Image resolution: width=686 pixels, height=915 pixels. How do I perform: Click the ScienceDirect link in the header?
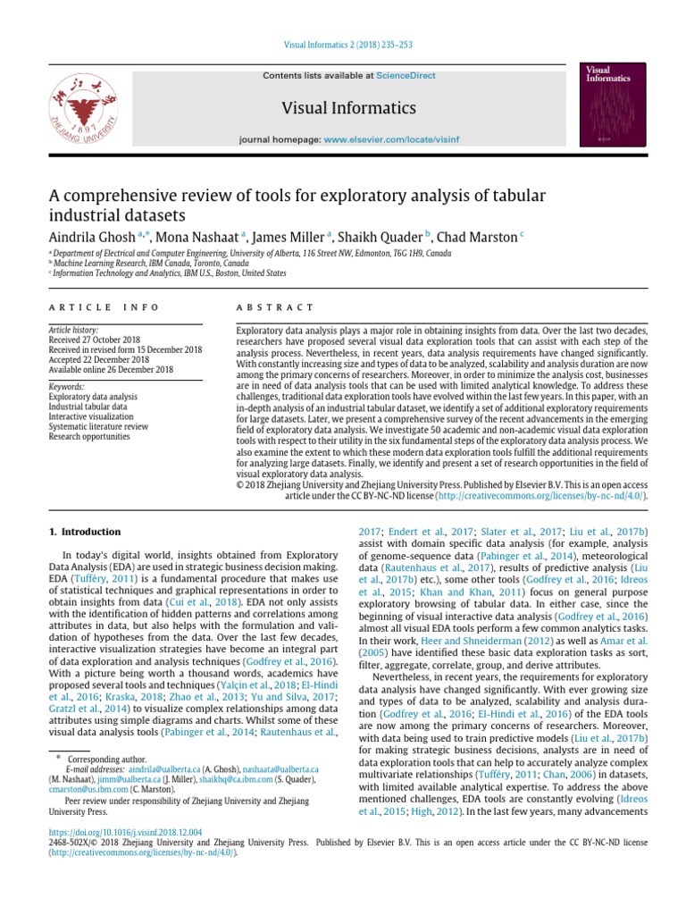tap(406, 76)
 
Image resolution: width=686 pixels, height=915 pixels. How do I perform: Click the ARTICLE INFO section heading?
tap(104, 307)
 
